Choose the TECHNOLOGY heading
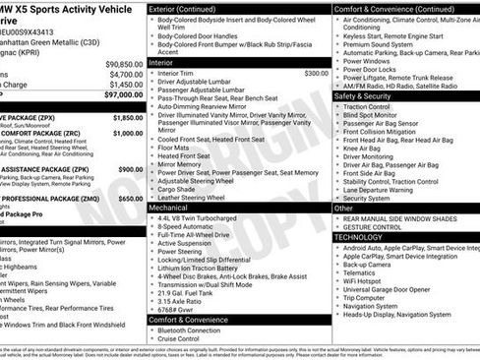[x=360, y=237]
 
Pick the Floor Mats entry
[x=180, y=147]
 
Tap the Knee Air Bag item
[x=366, y=147]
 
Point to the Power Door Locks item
[x=373, y=70]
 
